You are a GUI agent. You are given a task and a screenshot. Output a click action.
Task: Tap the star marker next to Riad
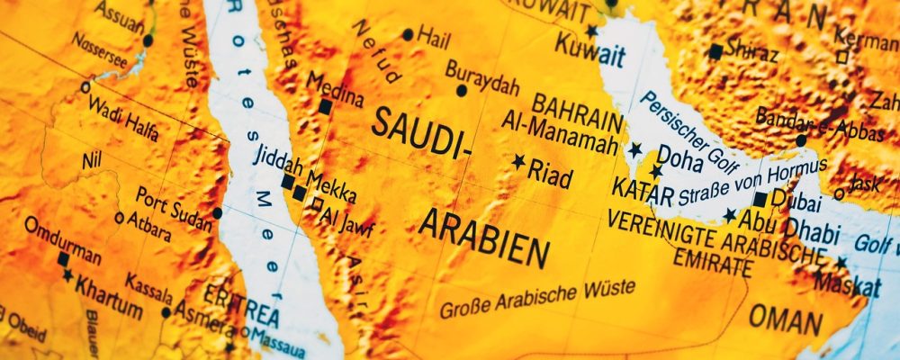click(518, 162)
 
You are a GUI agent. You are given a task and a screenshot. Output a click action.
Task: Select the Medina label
click(335, 88)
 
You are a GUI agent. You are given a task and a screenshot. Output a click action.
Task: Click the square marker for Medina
click(326, 107)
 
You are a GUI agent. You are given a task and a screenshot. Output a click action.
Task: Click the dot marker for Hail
click(408, 35)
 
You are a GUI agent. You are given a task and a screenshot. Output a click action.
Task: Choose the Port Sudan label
click(173, 207)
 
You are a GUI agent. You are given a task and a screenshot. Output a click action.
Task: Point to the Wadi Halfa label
click(123, 114)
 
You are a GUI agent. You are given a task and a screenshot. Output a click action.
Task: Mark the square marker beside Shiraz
click(715, 51)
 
